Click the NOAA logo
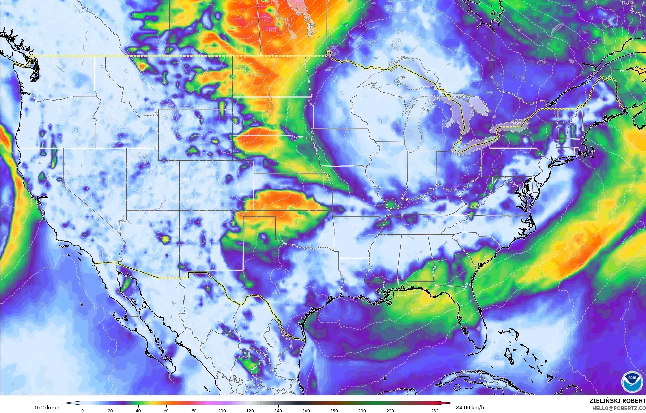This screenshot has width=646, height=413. [631, 381]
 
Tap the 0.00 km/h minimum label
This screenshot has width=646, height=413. [47, 408]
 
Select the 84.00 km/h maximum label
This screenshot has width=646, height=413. [470, 408]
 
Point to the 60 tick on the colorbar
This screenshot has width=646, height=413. [166, 410]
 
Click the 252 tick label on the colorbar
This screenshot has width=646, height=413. [435, 410]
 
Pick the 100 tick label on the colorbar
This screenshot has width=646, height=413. [222, 410]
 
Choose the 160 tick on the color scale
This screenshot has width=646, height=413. [306, 410]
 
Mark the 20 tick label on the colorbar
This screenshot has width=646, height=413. [110, 410]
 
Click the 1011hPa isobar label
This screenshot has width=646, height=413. [274, 31]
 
